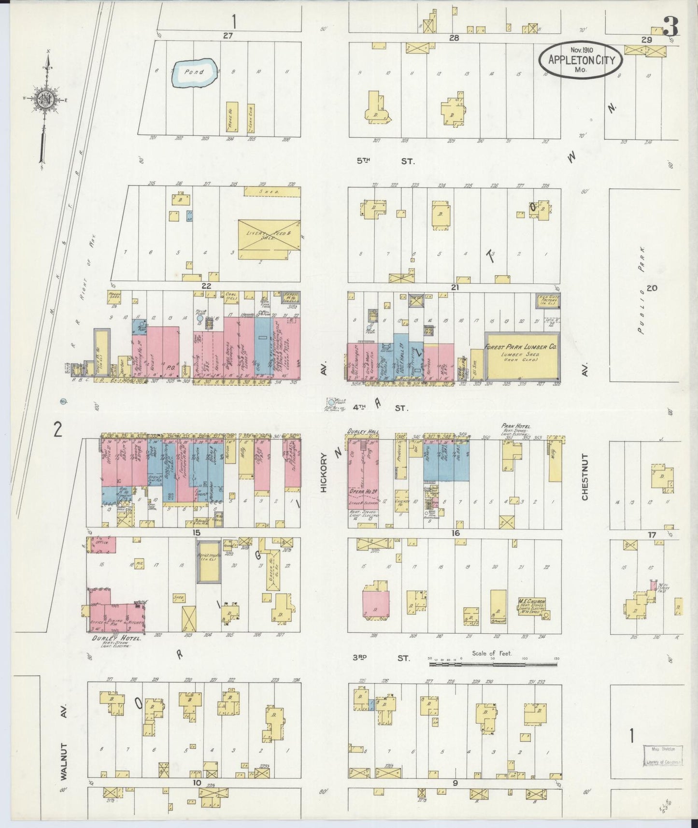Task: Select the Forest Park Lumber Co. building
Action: click(522, 356)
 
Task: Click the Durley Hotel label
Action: click(117, 639)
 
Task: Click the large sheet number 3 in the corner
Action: click(670, 27)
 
